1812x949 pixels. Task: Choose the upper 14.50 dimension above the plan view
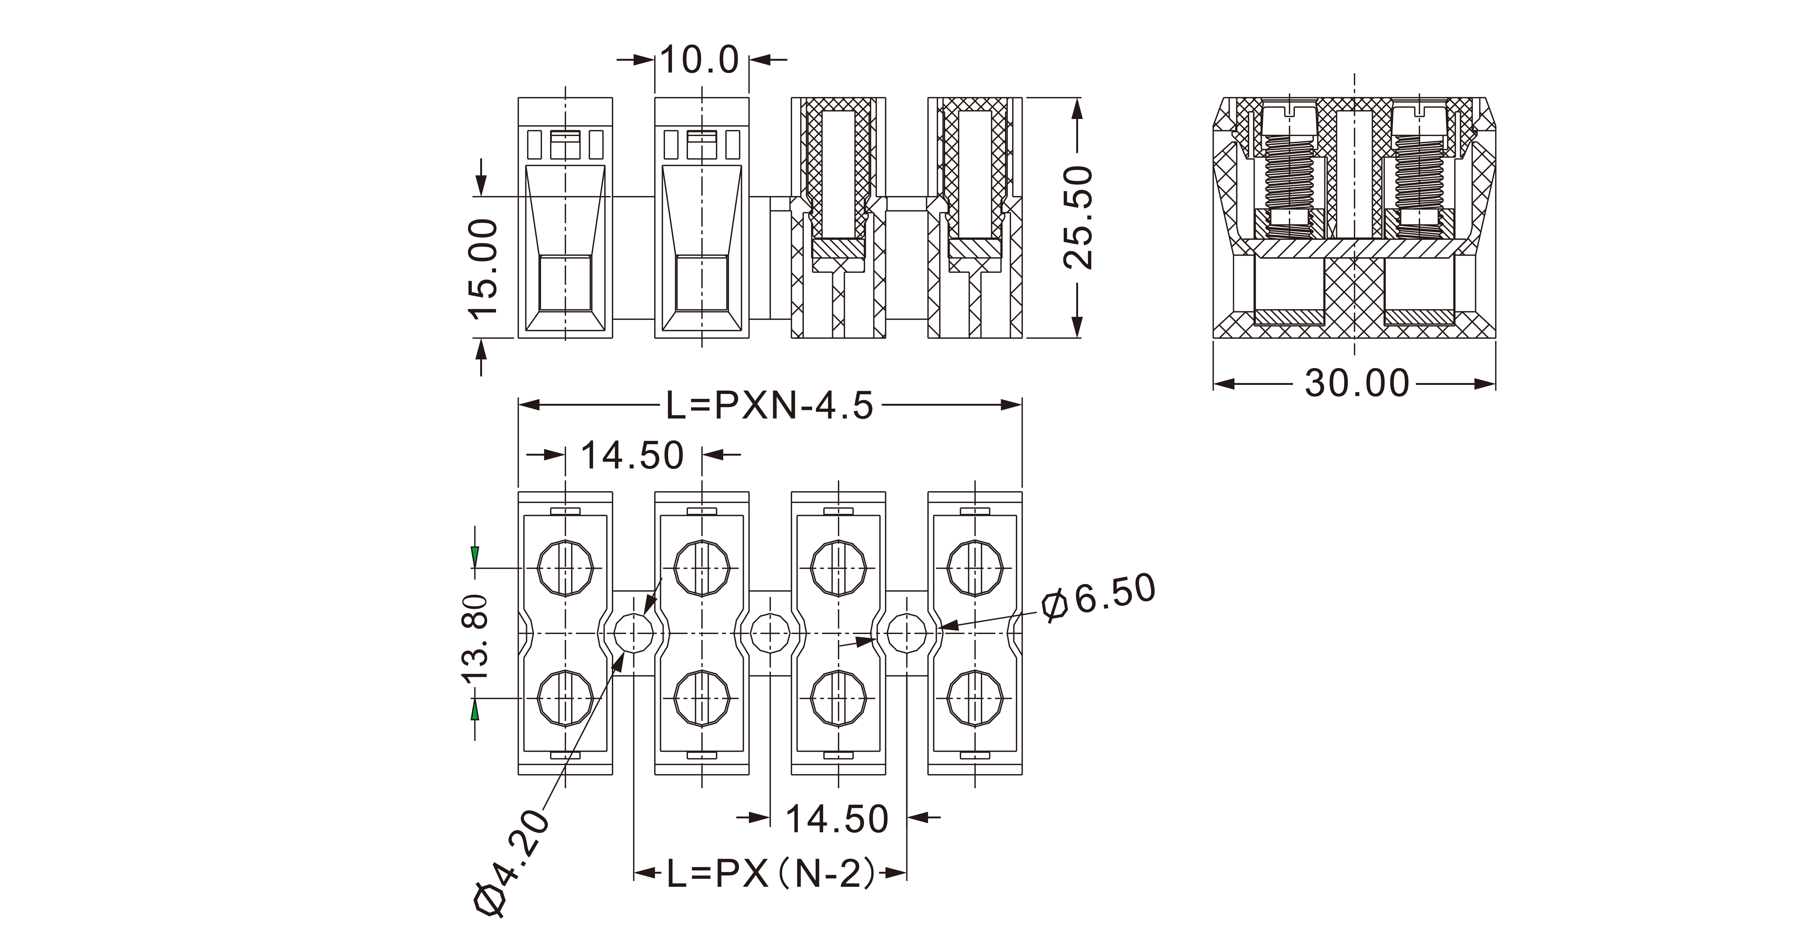[x=632, y=455]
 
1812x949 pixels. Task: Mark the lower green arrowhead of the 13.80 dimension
[x=476, y=710]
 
